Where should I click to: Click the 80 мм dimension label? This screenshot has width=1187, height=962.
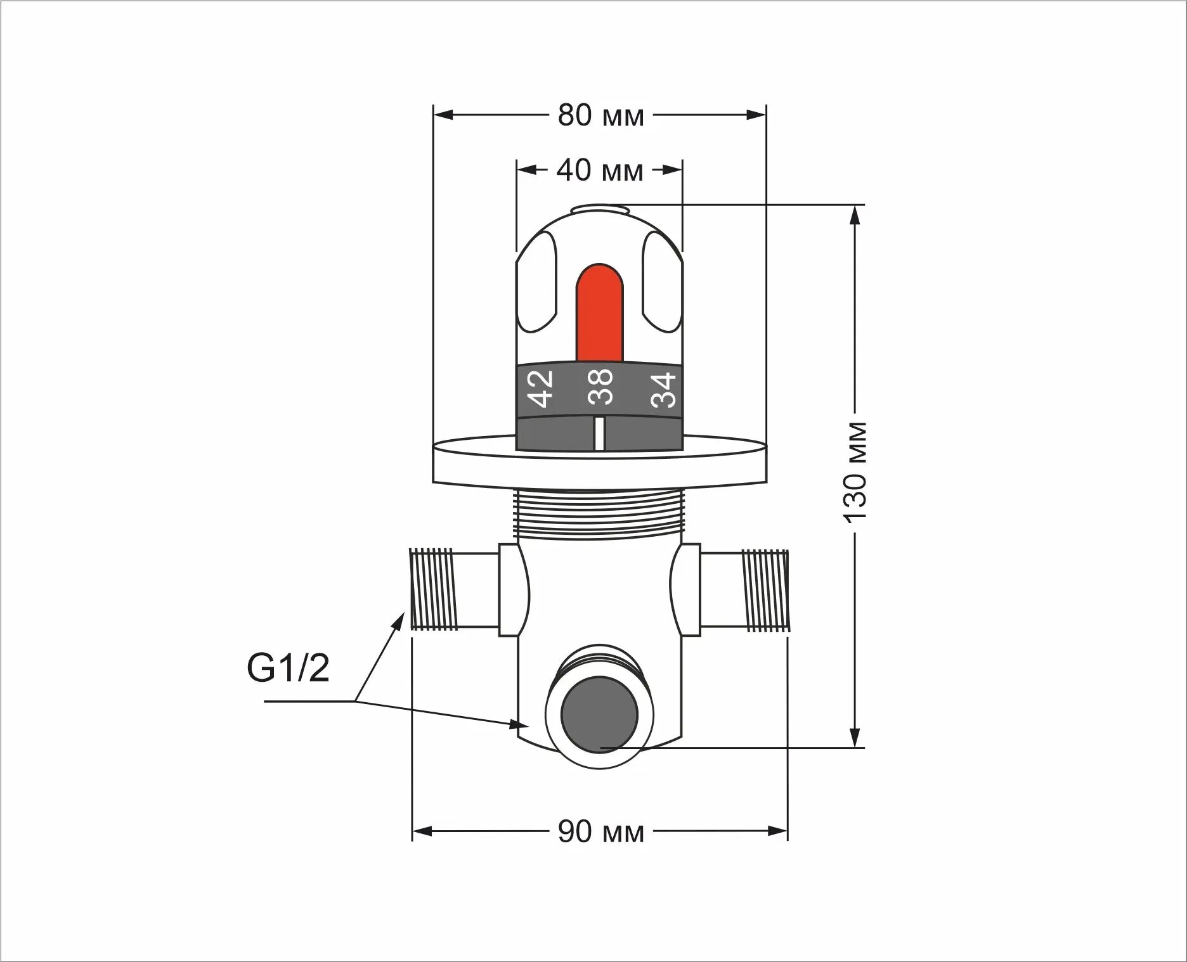(600, 115)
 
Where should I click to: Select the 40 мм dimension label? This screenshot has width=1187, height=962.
(600, 170)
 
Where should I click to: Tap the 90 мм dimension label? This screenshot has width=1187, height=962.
(600, 831)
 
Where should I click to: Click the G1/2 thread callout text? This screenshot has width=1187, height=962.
(289, 669)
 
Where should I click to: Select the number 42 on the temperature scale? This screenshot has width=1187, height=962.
(542, 388)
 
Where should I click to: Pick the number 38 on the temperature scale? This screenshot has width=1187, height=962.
(600, 387)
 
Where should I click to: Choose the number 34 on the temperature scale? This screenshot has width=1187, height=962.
(664, 388)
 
